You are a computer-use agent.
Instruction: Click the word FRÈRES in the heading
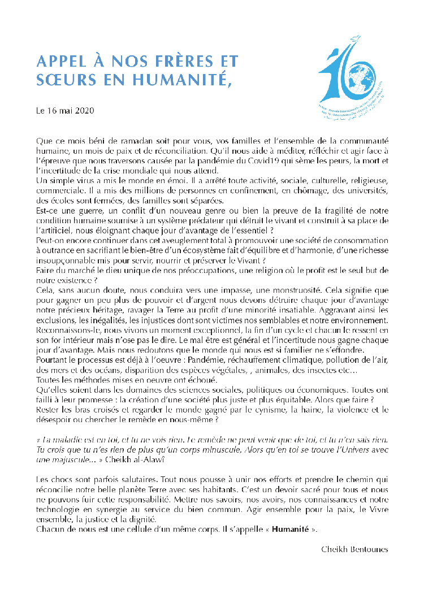pyautogui.click(x=169, y=61)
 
